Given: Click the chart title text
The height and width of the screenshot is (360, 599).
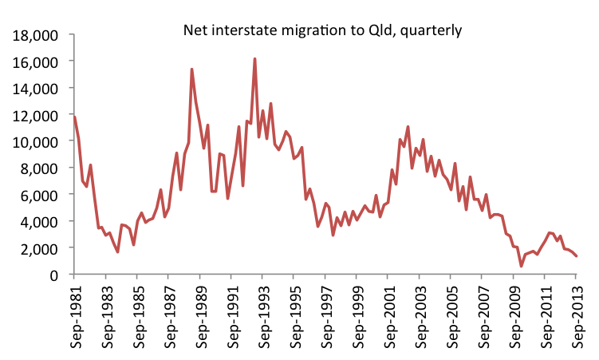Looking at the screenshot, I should coord(322,30).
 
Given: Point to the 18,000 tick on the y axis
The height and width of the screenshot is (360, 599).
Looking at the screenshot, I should coord(37,35).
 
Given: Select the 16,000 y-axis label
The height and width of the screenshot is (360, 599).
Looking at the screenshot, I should coord(37,61).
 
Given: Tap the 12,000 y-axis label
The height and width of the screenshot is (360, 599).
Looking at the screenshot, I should coord(37,115).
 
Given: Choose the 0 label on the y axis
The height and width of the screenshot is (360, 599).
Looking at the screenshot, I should coord(54,275).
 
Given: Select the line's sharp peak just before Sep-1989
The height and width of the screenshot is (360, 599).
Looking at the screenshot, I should coord(192,69).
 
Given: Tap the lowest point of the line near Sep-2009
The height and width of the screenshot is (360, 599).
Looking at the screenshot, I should coord(521,266).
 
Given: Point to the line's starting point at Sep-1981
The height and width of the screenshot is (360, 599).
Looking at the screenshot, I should coord(74,117).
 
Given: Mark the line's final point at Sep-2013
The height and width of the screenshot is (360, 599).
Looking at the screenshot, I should coord(576,256).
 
